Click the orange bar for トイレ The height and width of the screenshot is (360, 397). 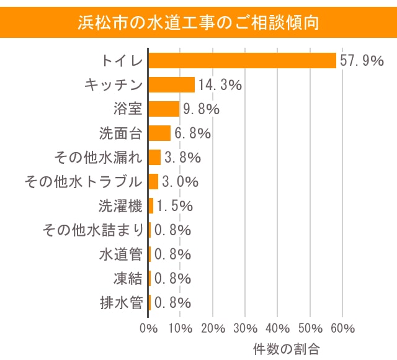pos(242,60)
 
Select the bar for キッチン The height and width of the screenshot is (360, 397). pos(172,84)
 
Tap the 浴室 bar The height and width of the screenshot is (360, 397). pos(164,109)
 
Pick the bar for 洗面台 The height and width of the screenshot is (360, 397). pos(159,133)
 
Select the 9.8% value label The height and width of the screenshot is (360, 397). pos(201,109)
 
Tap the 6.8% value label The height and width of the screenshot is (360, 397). pos(193,133)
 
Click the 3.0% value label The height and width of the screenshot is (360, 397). pos(180,182)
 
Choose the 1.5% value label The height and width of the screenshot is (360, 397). pos(174,206)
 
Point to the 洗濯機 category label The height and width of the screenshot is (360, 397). pos(121,206)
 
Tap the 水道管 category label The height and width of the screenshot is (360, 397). pos(121,254)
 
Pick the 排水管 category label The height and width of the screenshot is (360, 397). pos(121,303)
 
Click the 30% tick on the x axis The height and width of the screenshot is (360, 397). pos(246,328)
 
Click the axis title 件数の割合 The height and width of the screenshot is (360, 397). pos(286,348)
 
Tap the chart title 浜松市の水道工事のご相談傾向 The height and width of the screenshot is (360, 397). pos(198,23)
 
